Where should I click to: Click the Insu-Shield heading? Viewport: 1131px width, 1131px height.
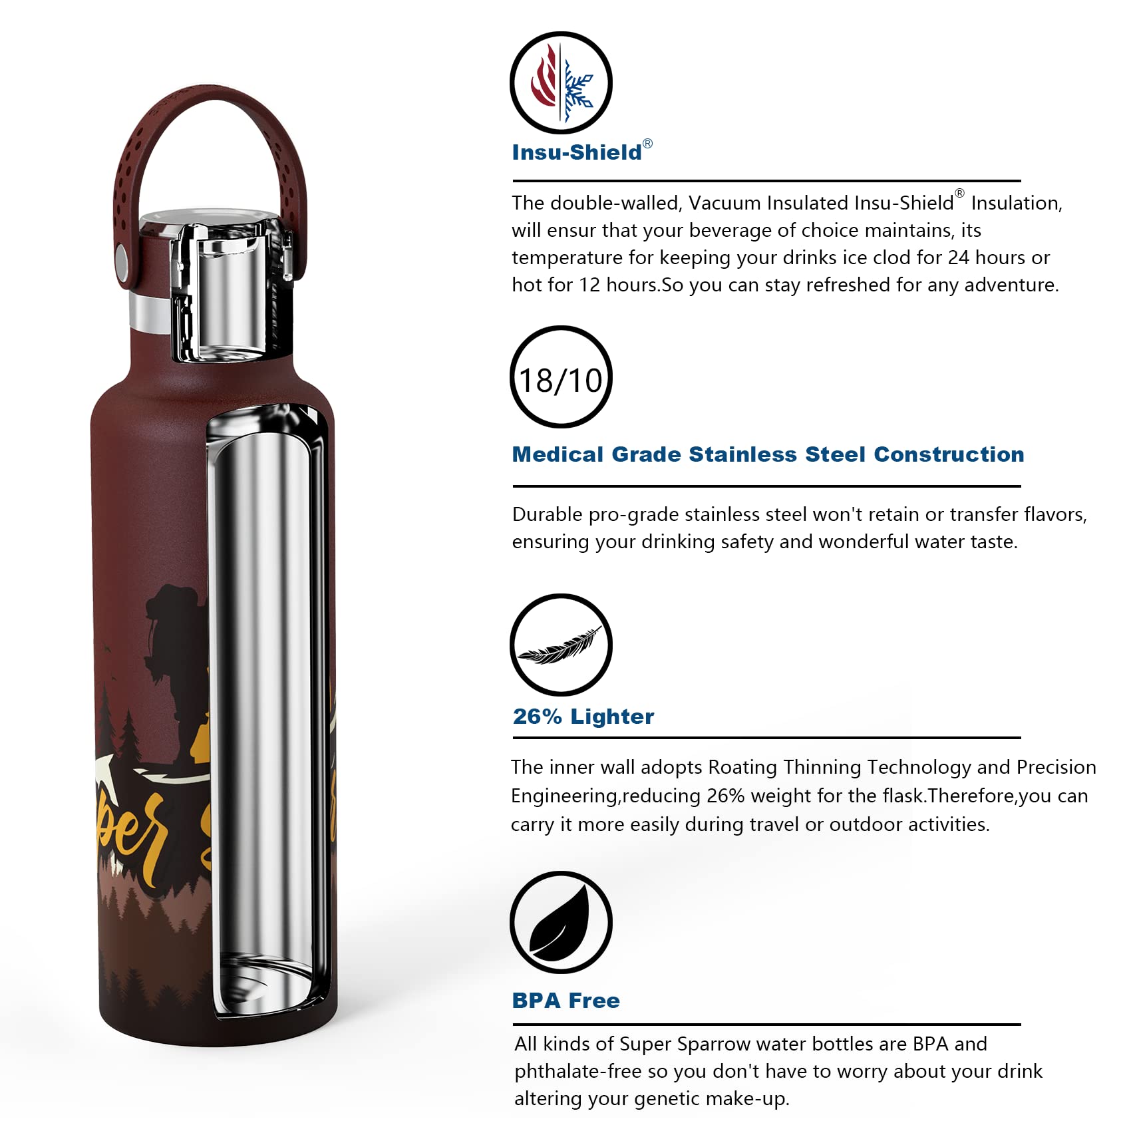click(577, 152)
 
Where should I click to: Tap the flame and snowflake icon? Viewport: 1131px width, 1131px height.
click(561, 83)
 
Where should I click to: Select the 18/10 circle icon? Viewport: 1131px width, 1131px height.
click(561, 378)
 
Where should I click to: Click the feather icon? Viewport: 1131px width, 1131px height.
click(561, 645)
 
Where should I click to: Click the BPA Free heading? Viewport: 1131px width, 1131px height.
click(565, 1001)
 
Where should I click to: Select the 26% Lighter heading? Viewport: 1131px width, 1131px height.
click(583, 717)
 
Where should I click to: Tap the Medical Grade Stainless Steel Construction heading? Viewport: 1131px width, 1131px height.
click(768, 454)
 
